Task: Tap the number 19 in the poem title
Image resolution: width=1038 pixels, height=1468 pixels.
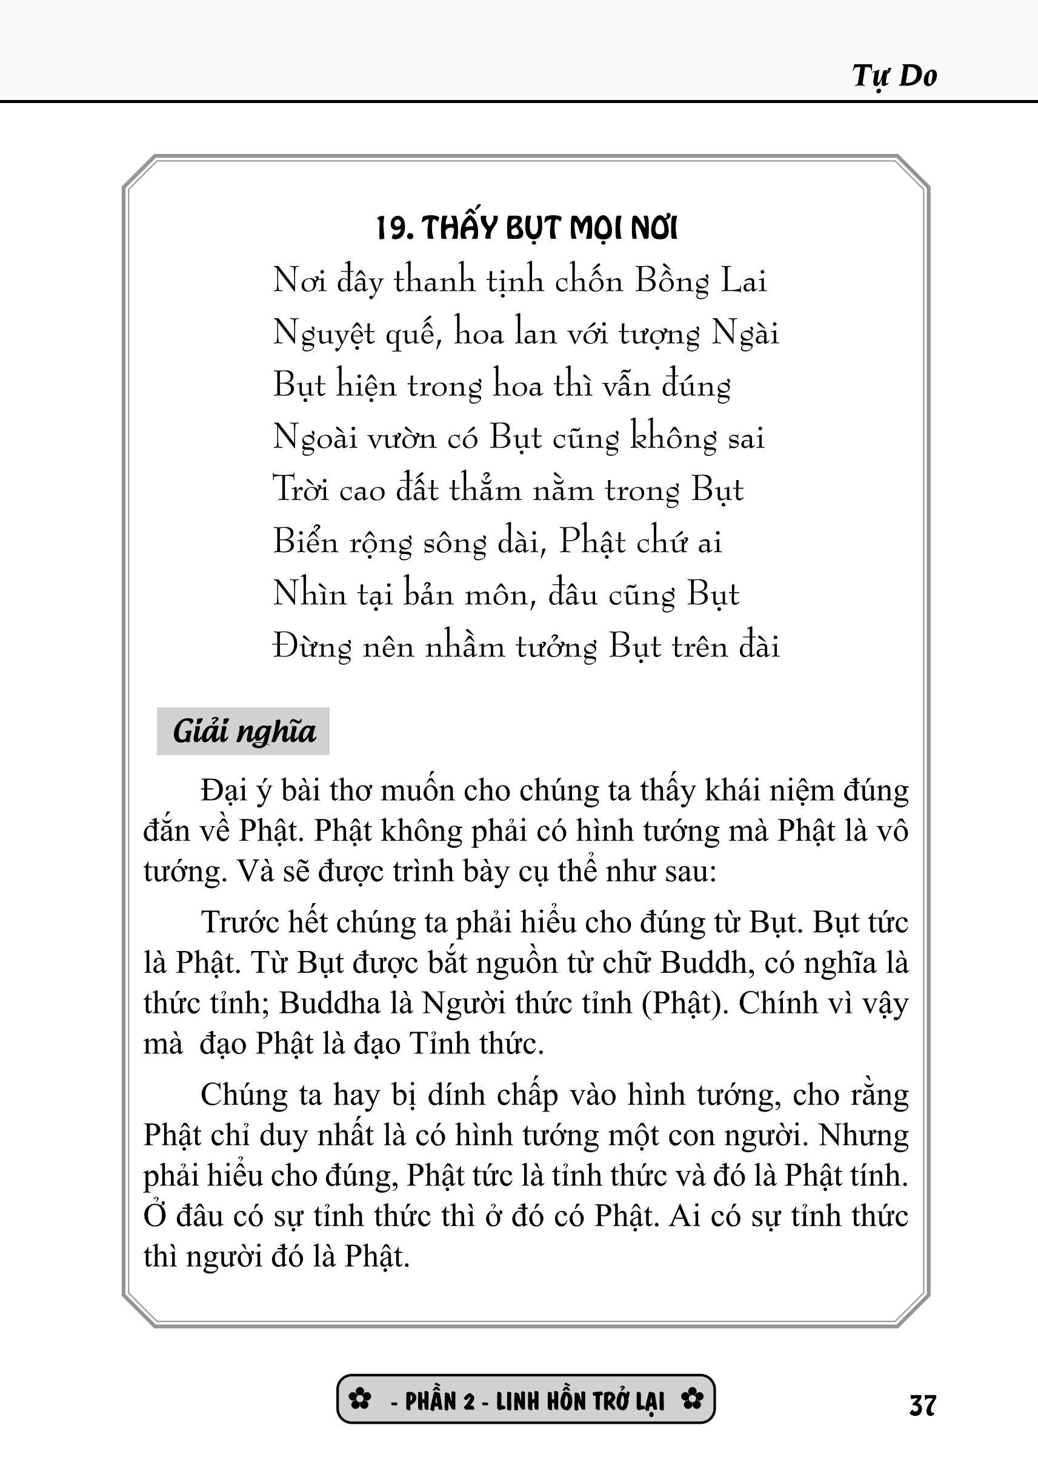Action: point(390,229)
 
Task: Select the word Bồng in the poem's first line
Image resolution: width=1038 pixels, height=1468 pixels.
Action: point(671,281)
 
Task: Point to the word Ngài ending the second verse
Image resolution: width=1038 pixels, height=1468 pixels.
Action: point(745,334)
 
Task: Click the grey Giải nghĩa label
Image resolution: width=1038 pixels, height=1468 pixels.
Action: point(244,732)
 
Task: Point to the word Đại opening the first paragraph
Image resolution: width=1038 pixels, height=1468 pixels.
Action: point(224,792)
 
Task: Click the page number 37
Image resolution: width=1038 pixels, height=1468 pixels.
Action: point(922,1406)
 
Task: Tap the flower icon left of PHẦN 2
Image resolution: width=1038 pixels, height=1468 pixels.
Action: point(360,1400)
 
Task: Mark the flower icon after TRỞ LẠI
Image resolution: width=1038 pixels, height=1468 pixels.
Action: point(692,1400)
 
